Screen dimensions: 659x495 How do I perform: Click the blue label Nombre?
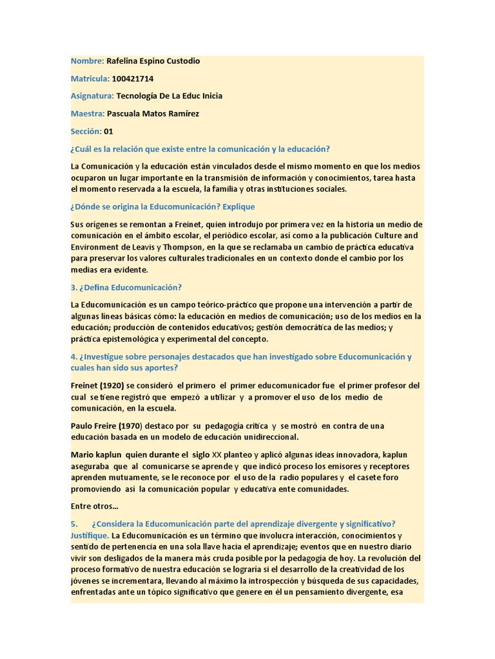click(87, 61)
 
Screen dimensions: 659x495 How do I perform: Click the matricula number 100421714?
click(132, 79)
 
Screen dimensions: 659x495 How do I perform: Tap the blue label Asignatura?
click(92, 96)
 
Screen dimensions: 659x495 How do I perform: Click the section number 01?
click(108, 131)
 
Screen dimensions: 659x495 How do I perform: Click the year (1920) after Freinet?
click(116, 385)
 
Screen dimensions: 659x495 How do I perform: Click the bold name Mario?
click(82, 454)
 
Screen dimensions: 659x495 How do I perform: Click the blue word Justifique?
click(90, 535)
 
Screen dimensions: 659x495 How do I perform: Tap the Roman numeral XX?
click(211, 454)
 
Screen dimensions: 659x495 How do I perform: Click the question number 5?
click(74, 524)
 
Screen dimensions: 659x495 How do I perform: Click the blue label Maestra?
click(88, 114)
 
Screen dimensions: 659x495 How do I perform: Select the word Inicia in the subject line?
click(208, 96)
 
